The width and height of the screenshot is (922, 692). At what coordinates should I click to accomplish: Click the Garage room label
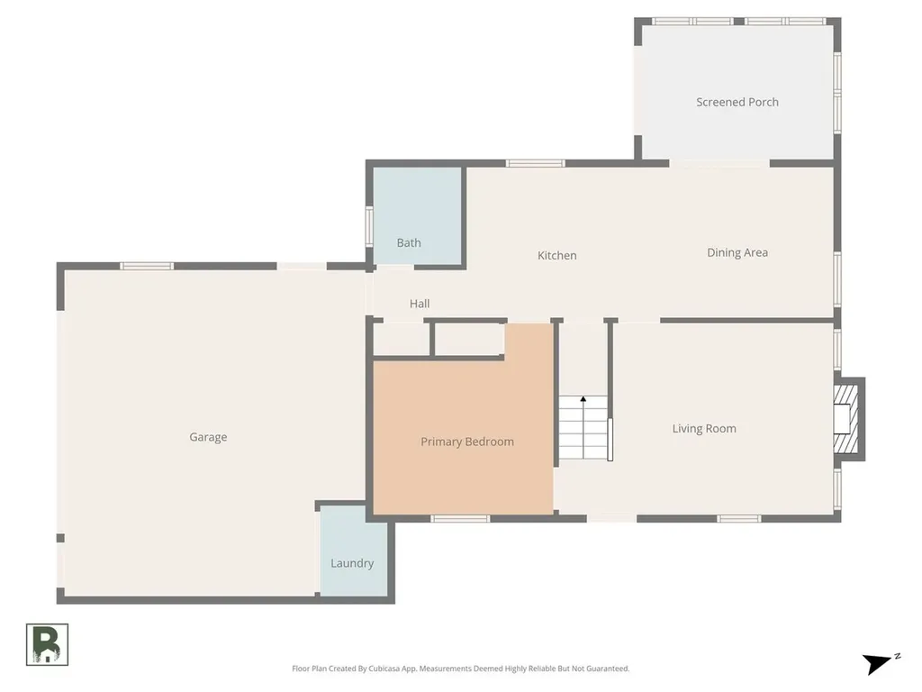point(208,437)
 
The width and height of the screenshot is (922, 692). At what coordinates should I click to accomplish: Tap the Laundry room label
point(352,563)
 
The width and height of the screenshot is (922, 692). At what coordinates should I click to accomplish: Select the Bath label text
point(409,242)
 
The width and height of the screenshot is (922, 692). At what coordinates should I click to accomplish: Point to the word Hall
point(420,304)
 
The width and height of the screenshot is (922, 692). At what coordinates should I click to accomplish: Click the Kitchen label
point(556,255)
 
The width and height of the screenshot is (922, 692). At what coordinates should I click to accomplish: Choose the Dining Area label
point(737,252)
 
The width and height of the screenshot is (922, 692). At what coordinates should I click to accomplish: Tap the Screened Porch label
point(737,102)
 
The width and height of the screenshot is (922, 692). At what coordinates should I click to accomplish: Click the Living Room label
point(704,428)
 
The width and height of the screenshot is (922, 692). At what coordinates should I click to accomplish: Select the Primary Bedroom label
point(467,442)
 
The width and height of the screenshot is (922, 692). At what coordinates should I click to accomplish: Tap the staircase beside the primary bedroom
point(583,428)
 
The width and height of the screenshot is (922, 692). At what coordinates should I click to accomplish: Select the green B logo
point(47,645)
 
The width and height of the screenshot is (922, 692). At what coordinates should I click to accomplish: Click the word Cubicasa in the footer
point(383,669)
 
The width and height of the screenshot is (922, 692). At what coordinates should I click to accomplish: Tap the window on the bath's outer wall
point(369,226)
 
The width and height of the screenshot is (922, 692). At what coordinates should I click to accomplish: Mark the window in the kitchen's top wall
point(535,163)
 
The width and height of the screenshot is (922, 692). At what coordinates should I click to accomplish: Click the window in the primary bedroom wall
point(460,518)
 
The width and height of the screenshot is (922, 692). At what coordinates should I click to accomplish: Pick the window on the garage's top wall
point(147,266)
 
